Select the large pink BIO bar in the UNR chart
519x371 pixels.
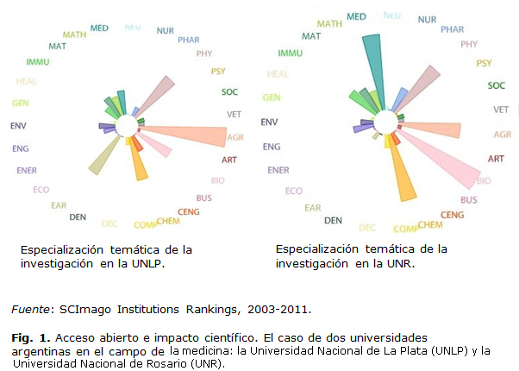point(448,164)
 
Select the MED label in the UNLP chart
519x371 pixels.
point(99,28)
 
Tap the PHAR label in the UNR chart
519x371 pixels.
point(452,29)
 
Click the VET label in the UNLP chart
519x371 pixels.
point(233,113)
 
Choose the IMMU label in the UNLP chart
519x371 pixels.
point(38,62)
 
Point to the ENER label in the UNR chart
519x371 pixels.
point(278,170)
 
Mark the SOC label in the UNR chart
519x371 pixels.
point(497,85)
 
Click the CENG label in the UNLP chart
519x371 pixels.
point(189,211)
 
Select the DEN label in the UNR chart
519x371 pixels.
point(334,220)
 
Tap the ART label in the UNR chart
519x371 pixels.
point(496,159)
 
